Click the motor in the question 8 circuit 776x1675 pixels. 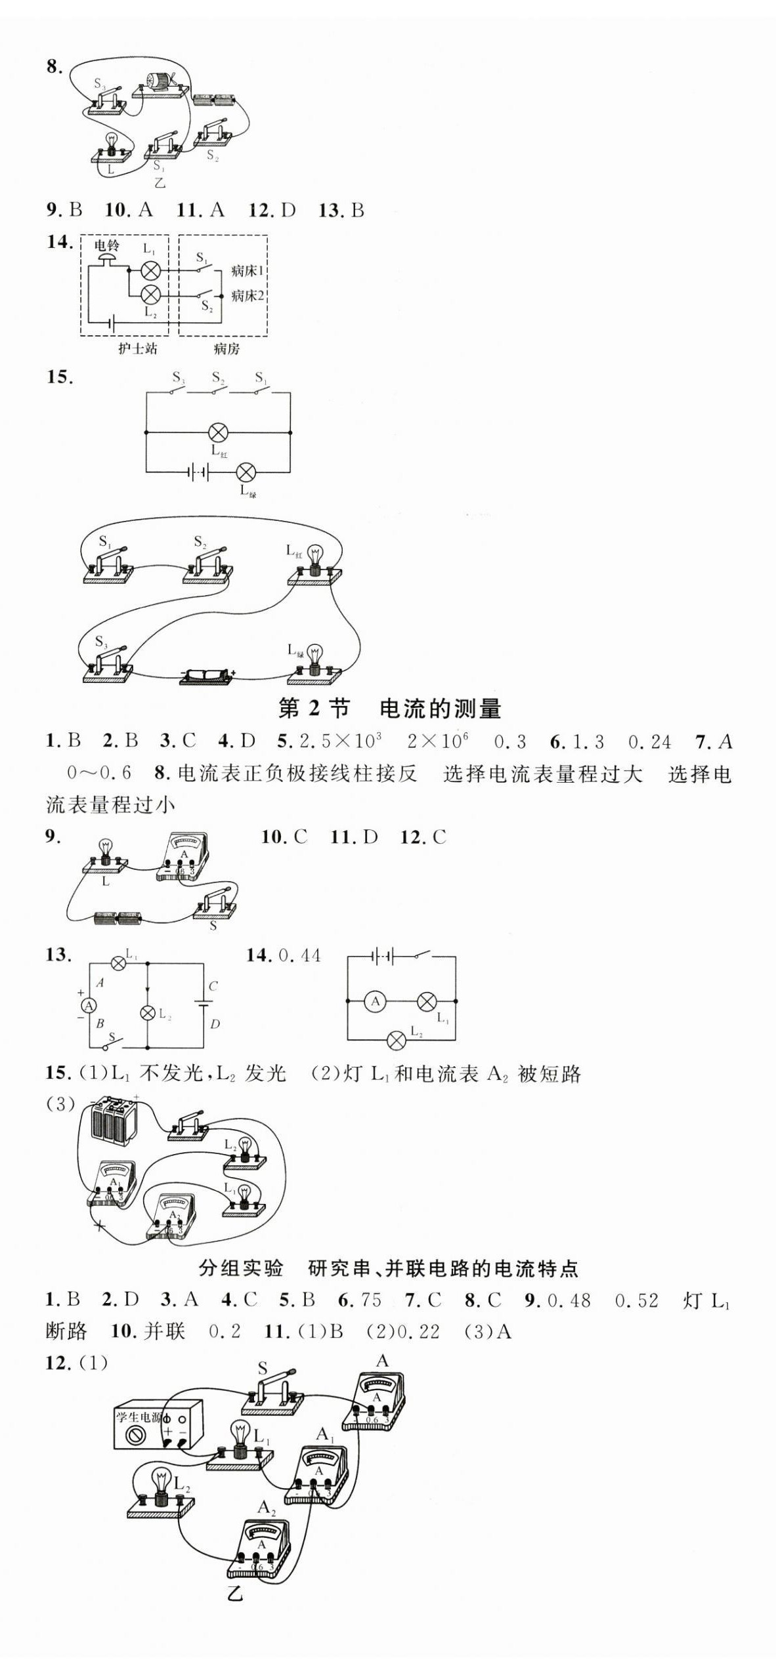pos(158,81)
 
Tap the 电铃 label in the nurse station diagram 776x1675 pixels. pos(106,246)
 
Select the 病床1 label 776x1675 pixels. pos(247,271)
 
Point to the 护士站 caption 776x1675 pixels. pos(137,349)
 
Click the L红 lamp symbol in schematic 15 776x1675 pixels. pos(218,432)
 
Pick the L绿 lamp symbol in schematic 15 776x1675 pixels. pos(246,472)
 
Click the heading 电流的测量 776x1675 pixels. pos(441,709)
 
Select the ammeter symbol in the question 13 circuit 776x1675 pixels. pos(88,1006)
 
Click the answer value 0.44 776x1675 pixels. pos(299,955)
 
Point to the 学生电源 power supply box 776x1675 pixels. pos(158,1423)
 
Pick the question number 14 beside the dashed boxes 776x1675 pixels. pos(60,242)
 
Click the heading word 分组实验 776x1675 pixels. pos(241,1268)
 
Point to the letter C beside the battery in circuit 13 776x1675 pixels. pos(213,986)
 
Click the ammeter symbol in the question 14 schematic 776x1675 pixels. pos(376,1001)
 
